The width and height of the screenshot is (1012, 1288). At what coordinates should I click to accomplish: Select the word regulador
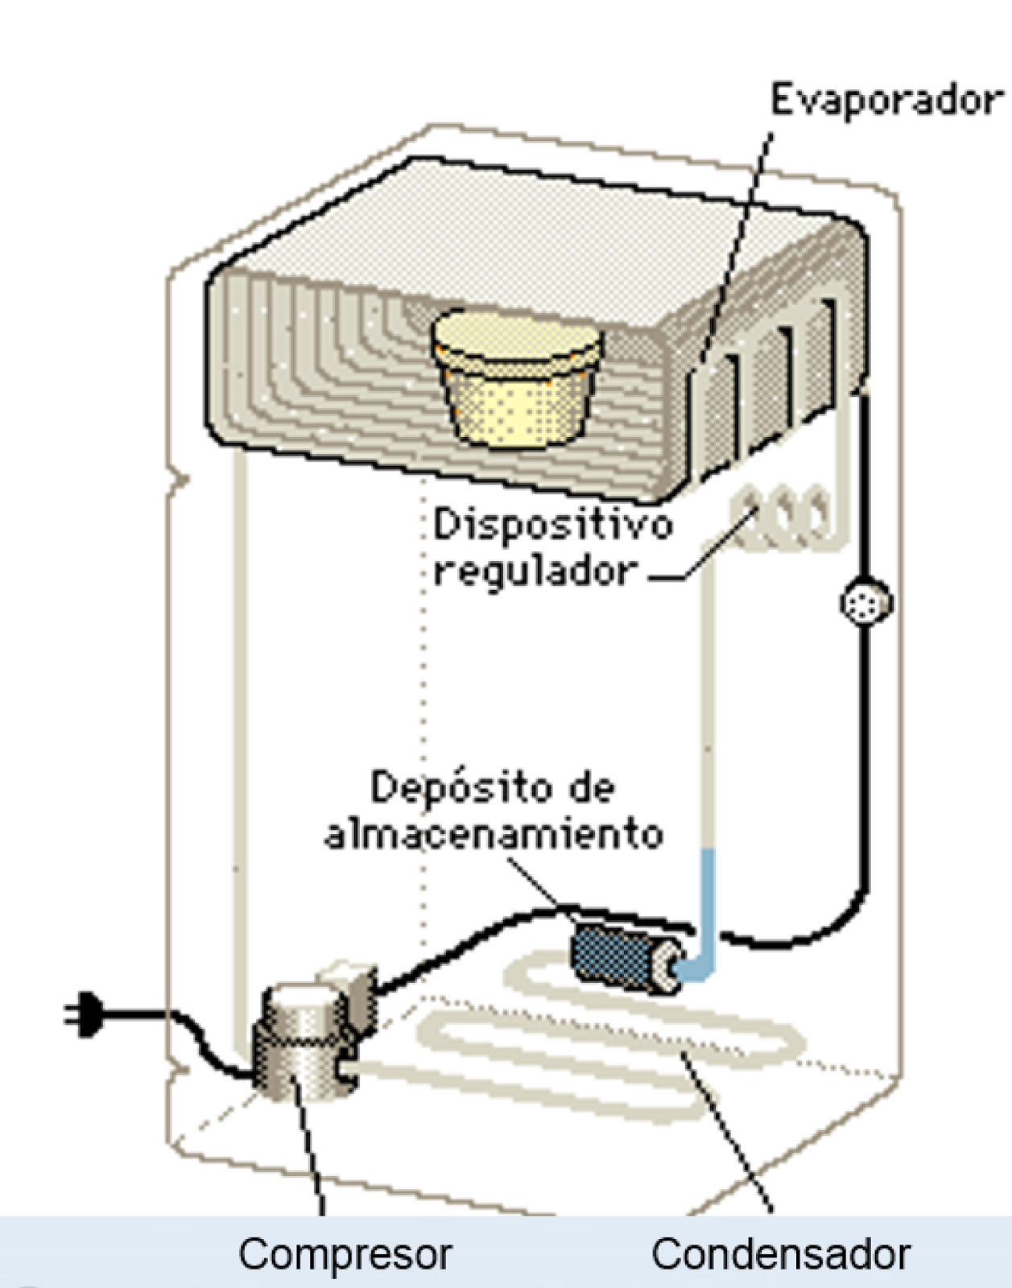coord(535,572)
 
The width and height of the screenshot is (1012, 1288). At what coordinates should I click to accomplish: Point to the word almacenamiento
coord(494,835)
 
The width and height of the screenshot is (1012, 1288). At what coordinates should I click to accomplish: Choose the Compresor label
coord(345,1253)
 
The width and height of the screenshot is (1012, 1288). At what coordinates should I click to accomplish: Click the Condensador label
coord(780,1253)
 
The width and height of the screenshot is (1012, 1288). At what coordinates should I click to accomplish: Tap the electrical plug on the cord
coord(84,1013)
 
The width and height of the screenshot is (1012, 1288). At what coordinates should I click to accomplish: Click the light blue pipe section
coord(706,910)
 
